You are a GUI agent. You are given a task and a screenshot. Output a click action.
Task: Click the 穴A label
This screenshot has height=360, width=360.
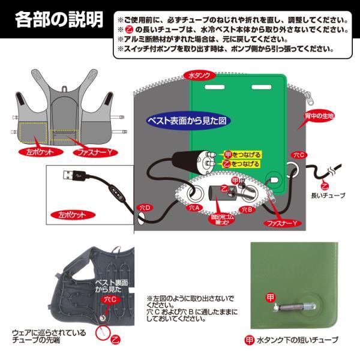pos(193,208)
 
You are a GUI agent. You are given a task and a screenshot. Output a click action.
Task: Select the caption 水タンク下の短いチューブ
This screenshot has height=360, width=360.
pos(291,338)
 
